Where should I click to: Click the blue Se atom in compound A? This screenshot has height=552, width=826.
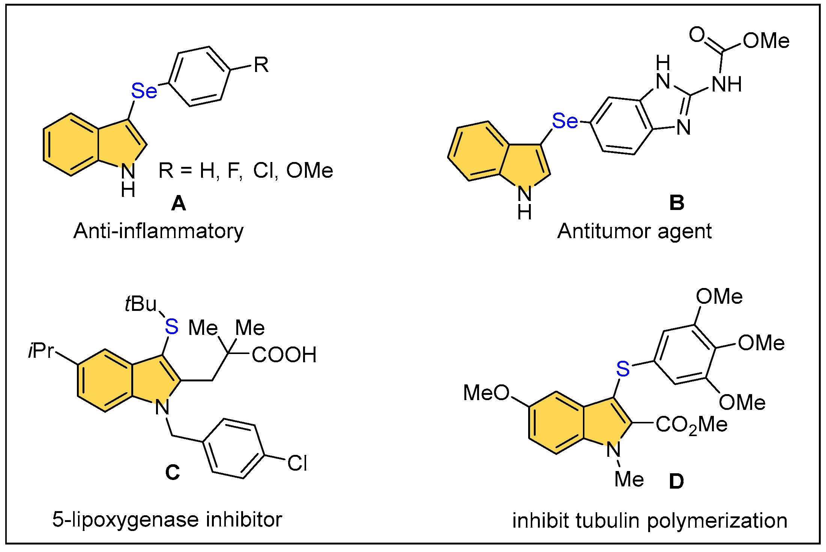pyautogui.click(x=144, y=91)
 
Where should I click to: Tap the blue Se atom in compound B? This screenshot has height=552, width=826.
pyautogui.click(x=565, y=121)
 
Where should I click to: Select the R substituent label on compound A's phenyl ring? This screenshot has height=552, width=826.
pyautogui.click(x=261, y=65)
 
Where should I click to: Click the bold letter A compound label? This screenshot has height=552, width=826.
pyautogui.click(x=178, y=204)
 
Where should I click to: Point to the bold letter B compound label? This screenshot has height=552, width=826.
pyautogui.click(x=676, y=203)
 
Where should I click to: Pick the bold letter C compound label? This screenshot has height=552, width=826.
pyautogui.click(x=173, y=472)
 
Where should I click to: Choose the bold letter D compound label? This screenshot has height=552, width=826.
pyautogui.click(x=676, y=481)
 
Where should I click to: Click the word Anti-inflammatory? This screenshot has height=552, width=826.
pyautogui.click(x=158, y=231)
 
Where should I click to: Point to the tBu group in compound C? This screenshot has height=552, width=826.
pyautogui.click(x=141, y=304)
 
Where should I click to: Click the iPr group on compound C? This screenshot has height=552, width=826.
pyautogui.click(x=41, y=351)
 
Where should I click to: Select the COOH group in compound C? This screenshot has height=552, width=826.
pyautogui.click(x=284, y=355)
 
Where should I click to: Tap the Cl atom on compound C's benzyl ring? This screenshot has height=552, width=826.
pyautogui.click(x=297, y=463)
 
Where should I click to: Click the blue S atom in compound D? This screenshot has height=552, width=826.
pyautogui.click(x=623, y=369)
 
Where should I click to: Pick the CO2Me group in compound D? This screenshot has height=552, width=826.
pyautogui.click(x=691, y=425)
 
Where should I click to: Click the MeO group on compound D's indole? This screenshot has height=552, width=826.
pyautogui.click(x=486, y=393)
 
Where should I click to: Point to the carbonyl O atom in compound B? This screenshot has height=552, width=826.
pyautogui.click(x=697, y=35)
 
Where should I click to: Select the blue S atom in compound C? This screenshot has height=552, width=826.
pyautogui.click(x=172, y=327)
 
